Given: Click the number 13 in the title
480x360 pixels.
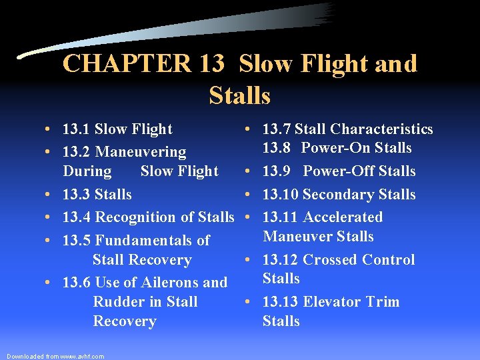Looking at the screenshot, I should pyautogui.click(x=213, y=64).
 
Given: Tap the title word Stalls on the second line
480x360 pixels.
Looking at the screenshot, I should pyautogui.click(x=239, y=96).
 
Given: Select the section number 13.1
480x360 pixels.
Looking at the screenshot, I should pyautogui.click(x=76, y=129).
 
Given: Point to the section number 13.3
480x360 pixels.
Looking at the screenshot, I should pyautogui.click(x=76, y=195).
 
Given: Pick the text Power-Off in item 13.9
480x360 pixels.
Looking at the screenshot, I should pyautogui.click(x=338, y=171).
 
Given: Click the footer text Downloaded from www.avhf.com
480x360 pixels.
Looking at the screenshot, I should pyautogui.click(x=55, y=356).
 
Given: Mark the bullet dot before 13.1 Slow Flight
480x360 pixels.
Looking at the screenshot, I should pyautogui.click(x=50, y=130).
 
